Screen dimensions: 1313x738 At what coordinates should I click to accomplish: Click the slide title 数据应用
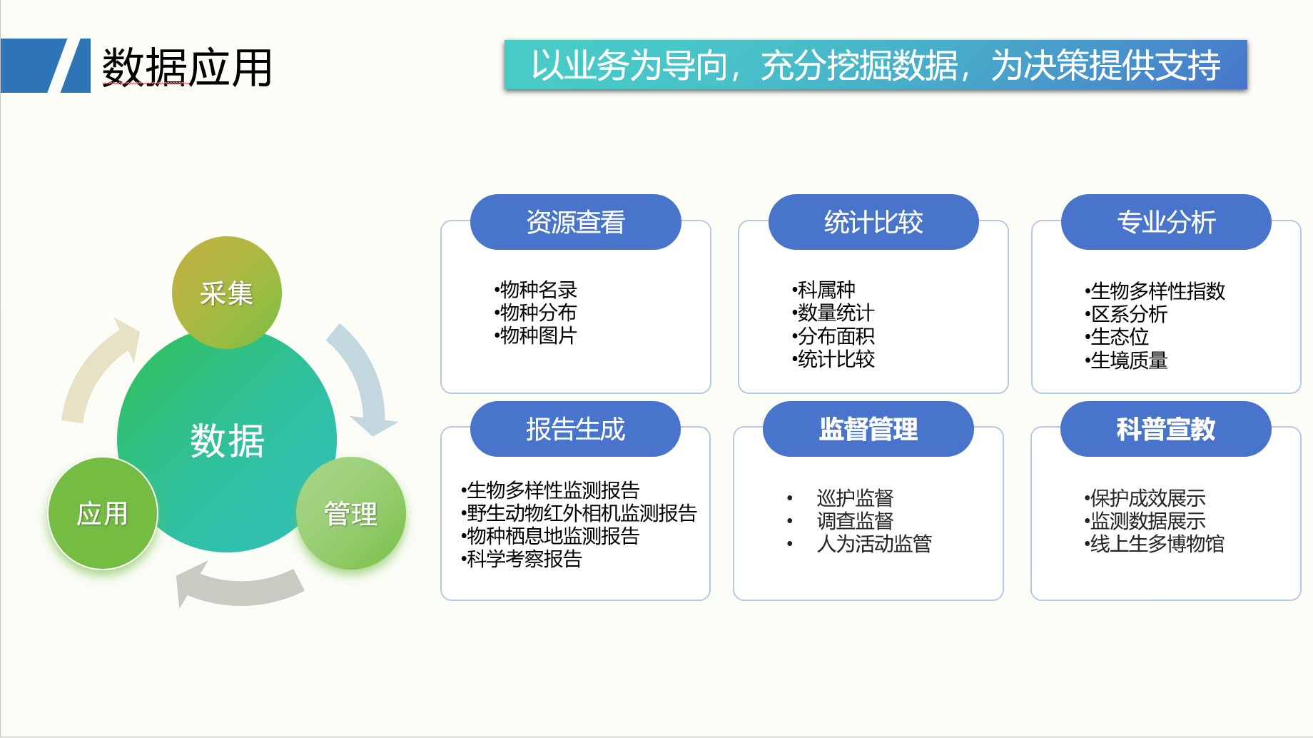[187, 67]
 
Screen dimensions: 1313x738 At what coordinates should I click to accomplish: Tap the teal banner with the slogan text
[876, 65]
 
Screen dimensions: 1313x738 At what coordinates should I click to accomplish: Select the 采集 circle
[227, 293]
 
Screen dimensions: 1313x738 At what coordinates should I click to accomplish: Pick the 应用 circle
[103, 513]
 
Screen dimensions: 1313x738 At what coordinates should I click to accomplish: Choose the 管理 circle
[351, 513]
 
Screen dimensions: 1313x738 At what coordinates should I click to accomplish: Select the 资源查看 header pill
[576, 222]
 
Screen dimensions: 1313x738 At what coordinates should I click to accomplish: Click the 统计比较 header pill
[873, 222]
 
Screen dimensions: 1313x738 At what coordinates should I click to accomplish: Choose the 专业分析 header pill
[1166, 222]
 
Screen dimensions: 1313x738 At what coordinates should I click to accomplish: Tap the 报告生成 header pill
[576, 429]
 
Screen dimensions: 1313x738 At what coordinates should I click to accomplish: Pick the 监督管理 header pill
[868, 429]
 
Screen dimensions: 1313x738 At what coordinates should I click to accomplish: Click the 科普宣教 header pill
[1166, 429]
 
